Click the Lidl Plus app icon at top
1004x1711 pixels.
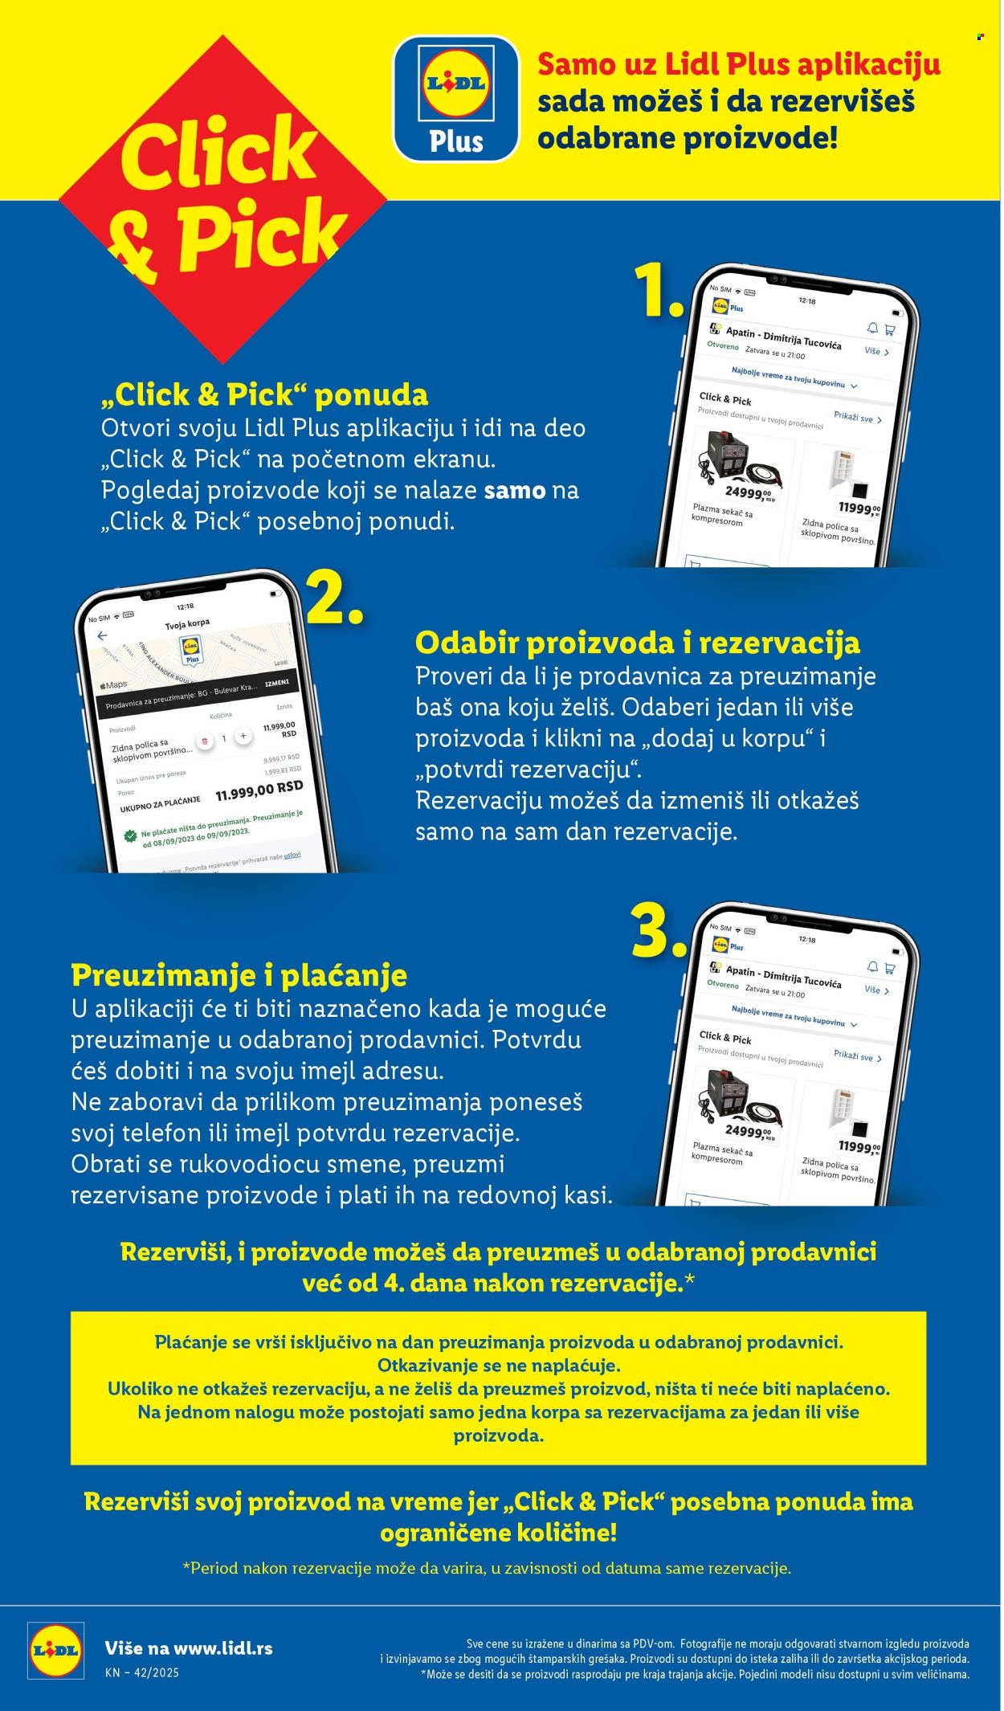coord(455,98)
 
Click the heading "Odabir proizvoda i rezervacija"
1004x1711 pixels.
coord(637,643)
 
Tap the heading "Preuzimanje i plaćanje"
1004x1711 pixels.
coord(239,975)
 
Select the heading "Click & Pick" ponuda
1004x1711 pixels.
coord(265,394)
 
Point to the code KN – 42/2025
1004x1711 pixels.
coord(141,1672)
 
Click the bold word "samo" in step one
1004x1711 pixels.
coord(515,490)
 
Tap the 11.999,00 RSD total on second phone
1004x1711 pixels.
coord(259,791)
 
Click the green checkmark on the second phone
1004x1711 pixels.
coord(130,835)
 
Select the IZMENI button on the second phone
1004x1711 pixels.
coord(276,683)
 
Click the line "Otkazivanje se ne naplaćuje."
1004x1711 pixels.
coord(499,1365)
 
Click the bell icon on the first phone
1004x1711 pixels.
coord(872,327)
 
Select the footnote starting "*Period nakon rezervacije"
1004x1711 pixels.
coord(487,1567)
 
